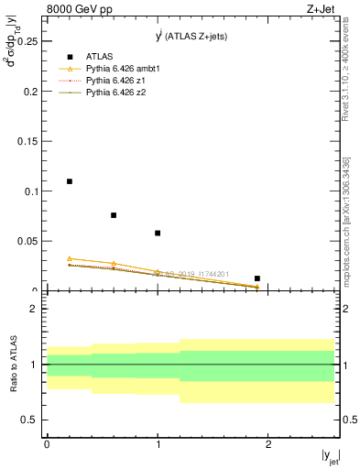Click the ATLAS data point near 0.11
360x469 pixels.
[70, 181]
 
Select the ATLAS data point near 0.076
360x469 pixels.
[114, 215]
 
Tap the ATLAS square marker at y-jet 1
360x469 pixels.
[158, 233]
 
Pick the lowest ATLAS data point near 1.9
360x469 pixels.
[257, 278]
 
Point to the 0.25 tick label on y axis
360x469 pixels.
[27, 41]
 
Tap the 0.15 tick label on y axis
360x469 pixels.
[27, 141]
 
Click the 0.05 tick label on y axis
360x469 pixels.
[27, 241]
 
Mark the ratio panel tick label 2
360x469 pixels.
[33, 309]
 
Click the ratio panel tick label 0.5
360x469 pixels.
[29, 420]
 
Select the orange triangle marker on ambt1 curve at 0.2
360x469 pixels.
[70, 258]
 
